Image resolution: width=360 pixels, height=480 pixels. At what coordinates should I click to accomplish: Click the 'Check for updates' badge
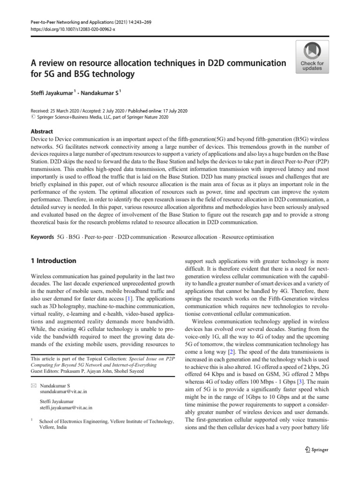[x=312, y=57]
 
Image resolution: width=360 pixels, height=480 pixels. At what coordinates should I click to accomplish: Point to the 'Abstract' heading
[x=42, y=132]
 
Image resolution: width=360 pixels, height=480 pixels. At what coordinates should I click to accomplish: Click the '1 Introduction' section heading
[x=52, y=261]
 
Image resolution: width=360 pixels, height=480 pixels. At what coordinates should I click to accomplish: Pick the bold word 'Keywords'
[x=42, y=237]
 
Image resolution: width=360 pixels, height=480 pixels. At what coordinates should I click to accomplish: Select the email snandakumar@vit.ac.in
[x=63, y=391]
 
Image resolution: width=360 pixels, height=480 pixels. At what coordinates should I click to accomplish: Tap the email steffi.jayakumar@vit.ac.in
[x=66, y=408]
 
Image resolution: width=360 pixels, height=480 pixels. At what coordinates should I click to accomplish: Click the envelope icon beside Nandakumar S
[x=32, y=385]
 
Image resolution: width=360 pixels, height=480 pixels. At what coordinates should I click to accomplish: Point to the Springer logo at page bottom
[x=316, y=450]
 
